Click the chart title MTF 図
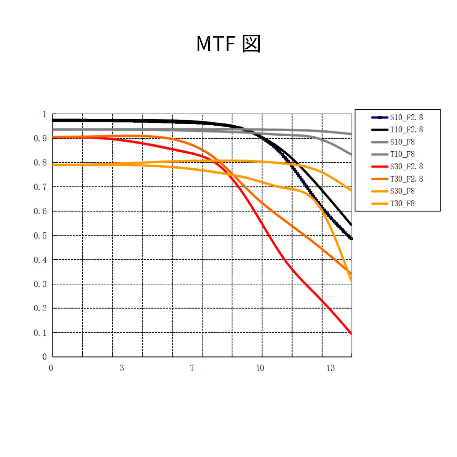[x=228, y=44]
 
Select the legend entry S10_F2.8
[x=406, y=118]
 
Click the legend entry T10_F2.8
[x=406, y=130]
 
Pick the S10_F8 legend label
[x=402, y=142]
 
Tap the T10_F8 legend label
[x=402, y=154]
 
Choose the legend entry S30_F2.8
[x=406, y=167]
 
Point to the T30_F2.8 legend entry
[x=406, y=179]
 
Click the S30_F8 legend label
[x=402, y=191]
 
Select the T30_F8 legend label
[x=402, y=203]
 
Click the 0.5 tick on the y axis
[x=40, y=236]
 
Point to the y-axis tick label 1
[x=45, y=114]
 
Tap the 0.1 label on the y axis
[x=40, y=333]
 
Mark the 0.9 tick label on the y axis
[x=40, y=139]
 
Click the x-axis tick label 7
[x=192, y=368]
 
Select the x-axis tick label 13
[x=330, y=368]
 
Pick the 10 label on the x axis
[x=260, y=368]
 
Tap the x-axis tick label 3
[x=122, y=368]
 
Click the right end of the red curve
[x=351, y=333]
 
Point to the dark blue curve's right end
[x=351, y=238]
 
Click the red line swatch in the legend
[x=380, y=167]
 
